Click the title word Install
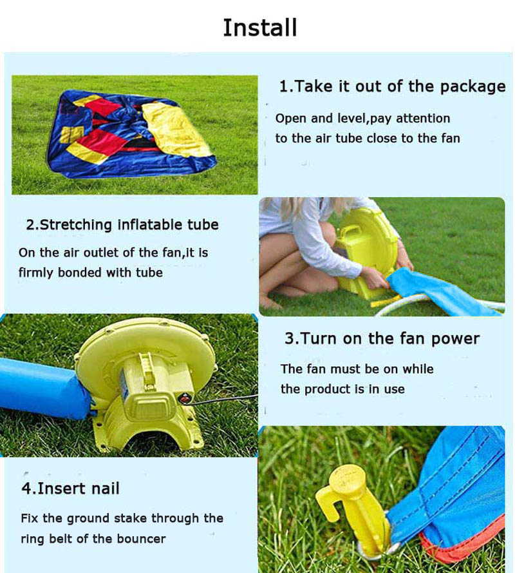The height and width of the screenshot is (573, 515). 260,28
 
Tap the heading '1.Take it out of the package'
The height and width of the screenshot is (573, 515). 392,86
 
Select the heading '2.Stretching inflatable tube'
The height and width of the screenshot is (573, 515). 122,224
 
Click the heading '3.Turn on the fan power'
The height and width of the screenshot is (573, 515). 382,339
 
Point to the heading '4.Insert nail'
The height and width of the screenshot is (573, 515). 70,488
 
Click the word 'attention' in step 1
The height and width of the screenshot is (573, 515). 423,119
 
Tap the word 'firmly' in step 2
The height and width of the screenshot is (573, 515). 36,273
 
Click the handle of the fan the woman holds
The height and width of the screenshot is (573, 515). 351,230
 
